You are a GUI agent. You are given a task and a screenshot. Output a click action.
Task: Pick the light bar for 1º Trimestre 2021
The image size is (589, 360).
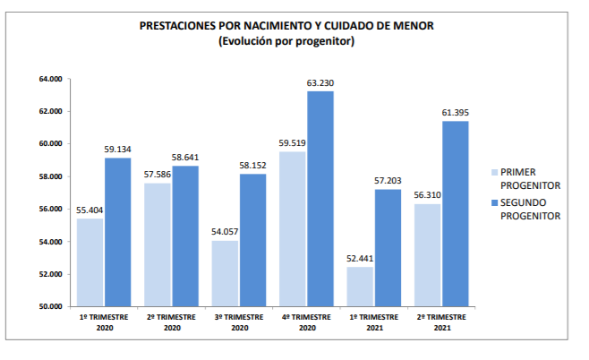click(360, 287)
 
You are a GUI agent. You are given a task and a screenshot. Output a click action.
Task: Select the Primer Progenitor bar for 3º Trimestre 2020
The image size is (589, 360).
click(225, 273)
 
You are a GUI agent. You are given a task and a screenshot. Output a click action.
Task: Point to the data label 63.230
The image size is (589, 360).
click(320, 83)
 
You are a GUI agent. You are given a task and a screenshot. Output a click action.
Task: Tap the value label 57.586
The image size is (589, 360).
click(158, 175)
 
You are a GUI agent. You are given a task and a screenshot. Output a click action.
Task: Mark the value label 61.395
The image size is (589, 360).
click(456, 113)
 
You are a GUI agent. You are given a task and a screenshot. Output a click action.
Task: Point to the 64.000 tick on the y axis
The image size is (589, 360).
click(49, 79)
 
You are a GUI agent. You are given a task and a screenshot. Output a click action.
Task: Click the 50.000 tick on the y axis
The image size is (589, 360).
click(49, 307)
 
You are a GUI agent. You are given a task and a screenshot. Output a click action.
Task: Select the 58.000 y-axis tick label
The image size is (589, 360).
click(49, 176)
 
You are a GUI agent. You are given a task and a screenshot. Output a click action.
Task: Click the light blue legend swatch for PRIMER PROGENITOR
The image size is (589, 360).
click(493, 172)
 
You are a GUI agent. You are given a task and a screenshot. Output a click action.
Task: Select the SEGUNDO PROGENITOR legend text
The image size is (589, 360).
click(531, 210)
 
